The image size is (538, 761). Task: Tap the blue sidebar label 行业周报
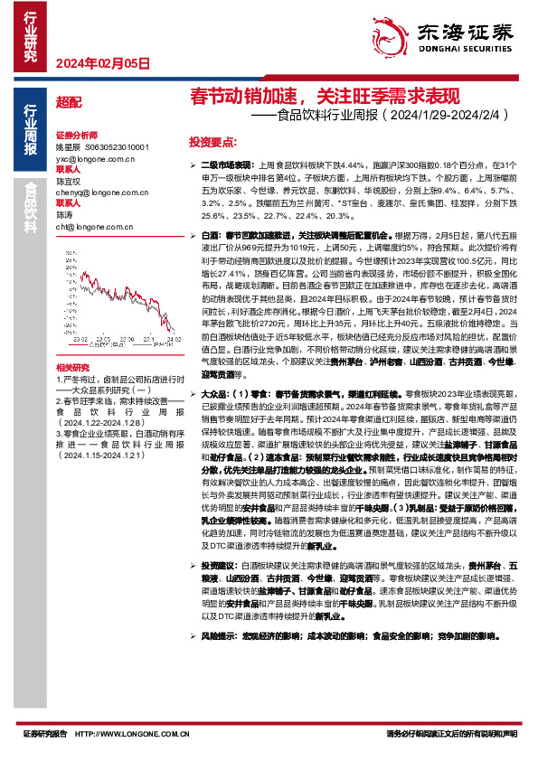31,130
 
